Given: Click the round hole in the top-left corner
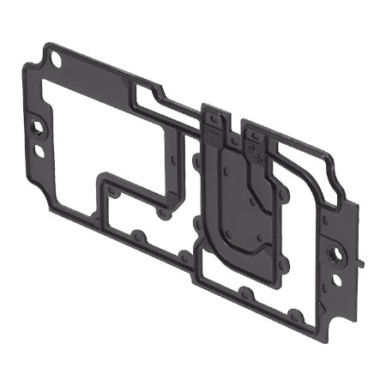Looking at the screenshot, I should (x=57, y=59).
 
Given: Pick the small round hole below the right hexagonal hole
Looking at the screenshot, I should (x=337, y=280).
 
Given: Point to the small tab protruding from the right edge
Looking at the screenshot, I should (x=365, y=257).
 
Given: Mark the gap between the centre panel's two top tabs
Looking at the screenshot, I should (x=233, y=129).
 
